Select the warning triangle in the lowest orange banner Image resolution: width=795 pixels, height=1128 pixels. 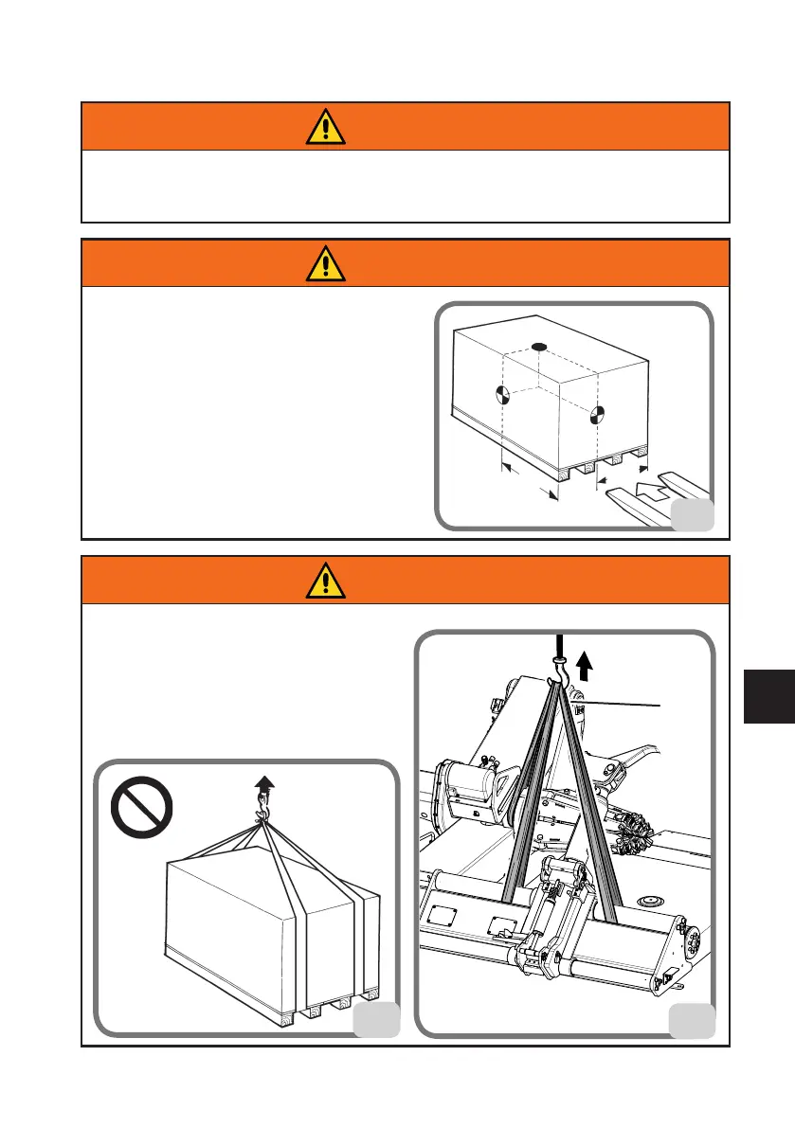(x=325, y=580)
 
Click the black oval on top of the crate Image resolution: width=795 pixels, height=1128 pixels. (x=538, y=348)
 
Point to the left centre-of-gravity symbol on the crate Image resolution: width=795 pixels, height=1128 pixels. (x=503, y=395)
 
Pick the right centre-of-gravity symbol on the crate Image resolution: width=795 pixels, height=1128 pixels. (x=597, y=413)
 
